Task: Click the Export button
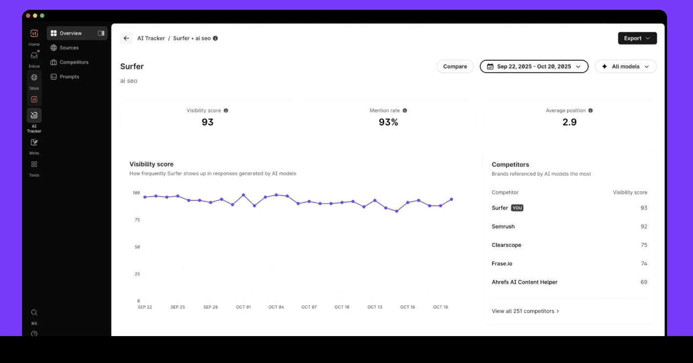point(637,38)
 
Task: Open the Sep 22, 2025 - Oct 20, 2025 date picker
point(534,66)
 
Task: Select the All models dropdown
point(626,66)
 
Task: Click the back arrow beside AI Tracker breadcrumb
point(126,38)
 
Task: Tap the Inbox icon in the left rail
point(34,55)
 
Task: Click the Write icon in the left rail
point(34,142)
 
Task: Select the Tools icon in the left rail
point(34,164)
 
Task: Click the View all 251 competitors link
point(525,311)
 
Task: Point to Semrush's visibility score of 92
point(644,227)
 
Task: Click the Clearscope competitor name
point(506,245)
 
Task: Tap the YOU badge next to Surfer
point(517,208)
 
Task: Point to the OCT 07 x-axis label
point(309,307)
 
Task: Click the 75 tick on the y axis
point(137,220)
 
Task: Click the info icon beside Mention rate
point(405,111)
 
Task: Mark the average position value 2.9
point(569,122)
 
